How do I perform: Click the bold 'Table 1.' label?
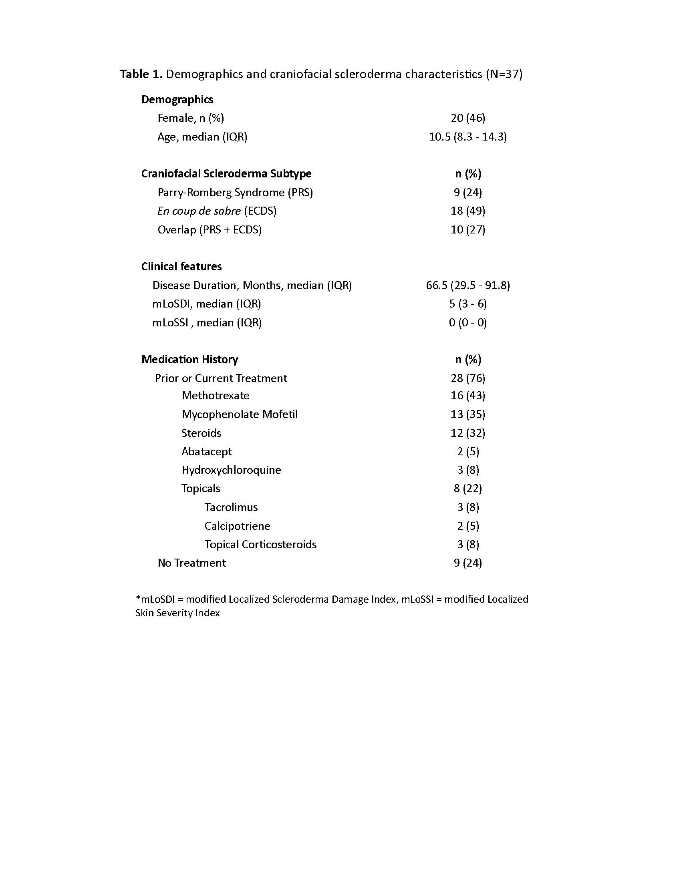tap(141, 74)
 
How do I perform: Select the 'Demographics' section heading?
tap(177, 100)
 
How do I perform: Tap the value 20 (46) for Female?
tap(467, 118)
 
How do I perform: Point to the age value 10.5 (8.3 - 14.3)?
tap(467, 137)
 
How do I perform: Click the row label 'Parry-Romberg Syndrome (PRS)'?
tap(235, 192)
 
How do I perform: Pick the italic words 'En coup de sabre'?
tap(199, 211)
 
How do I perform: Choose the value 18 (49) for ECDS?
tap(467, 211)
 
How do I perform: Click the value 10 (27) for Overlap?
tap(467, 229)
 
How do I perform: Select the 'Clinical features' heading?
tap(181, 267)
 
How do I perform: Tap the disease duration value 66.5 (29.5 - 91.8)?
tap(467, 286)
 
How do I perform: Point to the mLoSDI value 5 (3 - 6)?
tap(467, 304)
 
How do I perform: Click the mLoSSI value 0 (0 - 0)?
tap(467, 323)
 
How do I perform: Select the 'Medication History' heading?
tap(189, 360)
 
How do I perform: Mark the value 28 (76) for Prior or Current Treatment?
tap(467, 378)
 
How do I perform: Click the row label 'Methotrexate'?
tap(216, 396)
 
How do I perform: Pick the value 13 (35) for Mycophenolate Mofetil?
tap(467, 414)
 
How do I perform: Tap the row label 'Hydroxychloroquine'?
tap(231, 470)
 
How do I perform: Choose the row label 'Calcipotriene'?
tap(237, 526)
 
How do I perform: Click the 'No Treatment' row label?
tap(191, 563)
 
